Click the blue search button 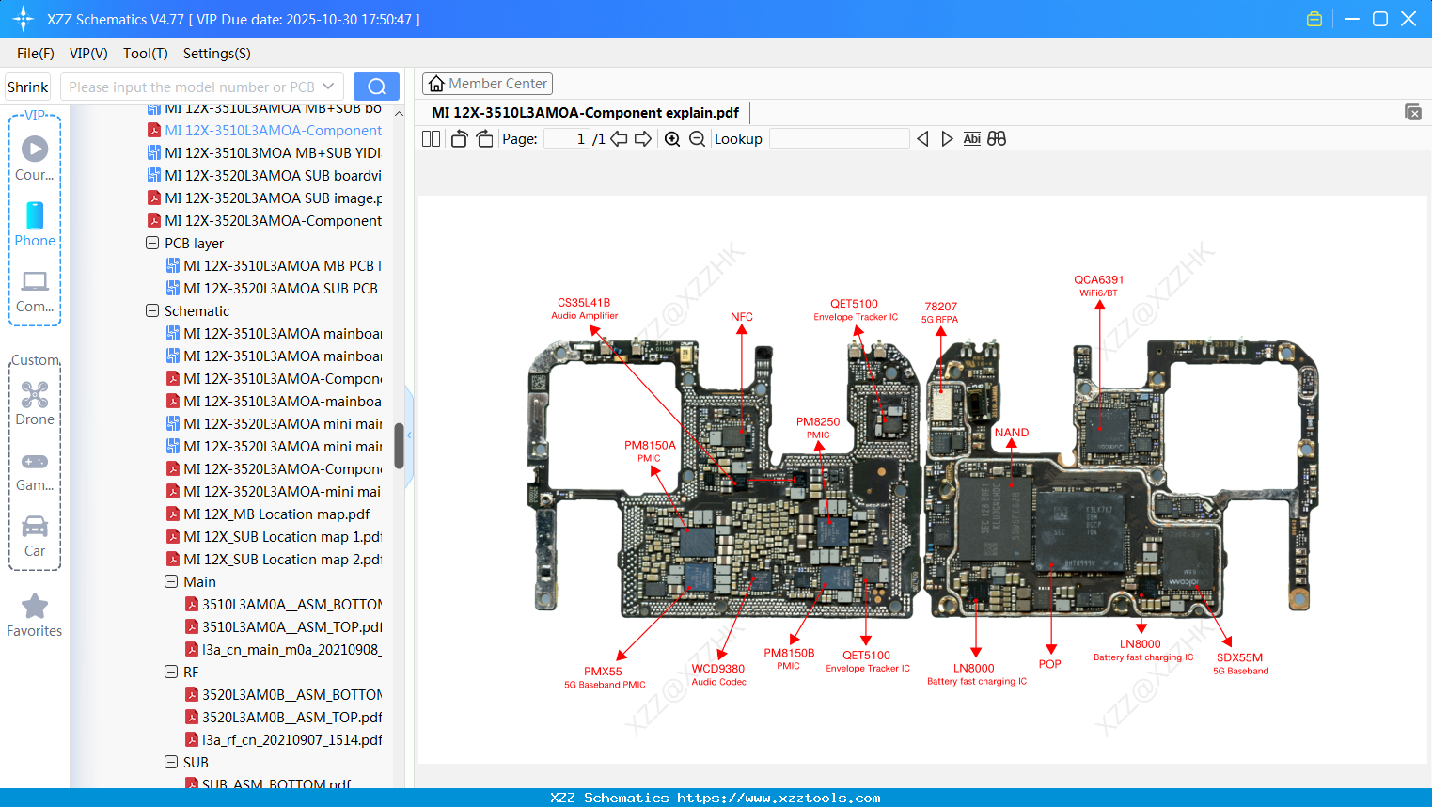(x=376, y=87)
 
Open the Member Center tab (x=487, y=84)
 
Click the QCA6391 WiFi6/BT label (x=1098, y=285)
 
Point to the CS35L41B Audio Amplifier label (x=584, y=309)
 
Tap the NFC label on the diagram (x=741, y=317)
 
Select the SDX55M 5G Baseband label (x=1239, y=663)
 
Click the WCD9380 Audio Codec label (x=717, y=674)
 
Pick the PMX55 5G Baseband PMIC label (x=604, y=677)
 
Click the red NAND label (x=1011, y=433)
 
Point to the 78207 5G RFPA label (x=940, y=312)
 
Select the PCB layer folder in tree (x=194, y=244)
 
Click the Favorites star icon (x=35, y=607)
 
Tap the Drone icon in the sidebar (x=35, y=395)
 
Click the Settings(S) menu (x=216, y=54)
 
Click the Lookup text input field (x=839, y=139)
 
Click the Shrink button (x=28, y=87)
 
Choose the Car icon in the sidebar (x=35, y=527)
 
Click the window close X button (x=1408, y=19)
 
